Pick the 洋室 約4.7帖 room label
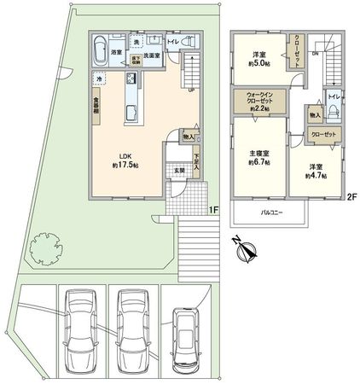(313, 171)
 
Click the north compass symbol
(246, 251)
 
